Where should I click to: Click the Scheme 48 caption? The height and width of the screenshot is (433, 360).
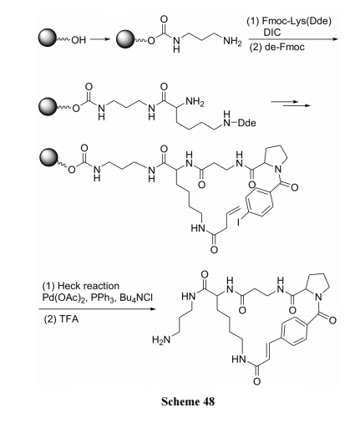point(188,401)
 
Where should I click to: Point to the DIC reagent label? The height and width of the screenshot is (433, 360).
point(272,33)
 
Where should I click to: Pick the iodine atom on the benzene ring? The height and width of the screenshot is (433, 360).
point(239,222)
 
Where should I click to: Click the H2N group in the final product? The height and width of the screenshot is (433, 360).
point(161,340)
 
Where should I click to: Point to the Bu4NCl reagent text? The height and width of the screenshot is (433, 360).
point(136,298)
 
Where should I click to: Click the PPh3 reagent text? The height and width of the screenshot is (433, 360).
point(103,298)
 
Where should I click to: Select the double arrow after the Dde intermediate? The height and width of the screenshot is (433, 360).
point(291,104)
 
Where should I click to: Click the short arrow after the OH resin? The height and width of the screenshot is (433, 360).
point(100,39)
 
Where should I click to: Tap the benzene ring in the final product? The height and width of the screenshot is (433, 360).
point(295,331)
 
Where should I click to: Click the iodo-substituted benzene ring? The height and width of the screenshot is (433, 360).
point(258,202)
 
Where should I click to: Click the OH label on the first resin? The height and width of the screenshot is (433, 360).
point(79,40)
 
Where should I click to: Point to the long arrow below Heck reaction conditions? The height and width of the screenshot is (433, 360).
point(97,308)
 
